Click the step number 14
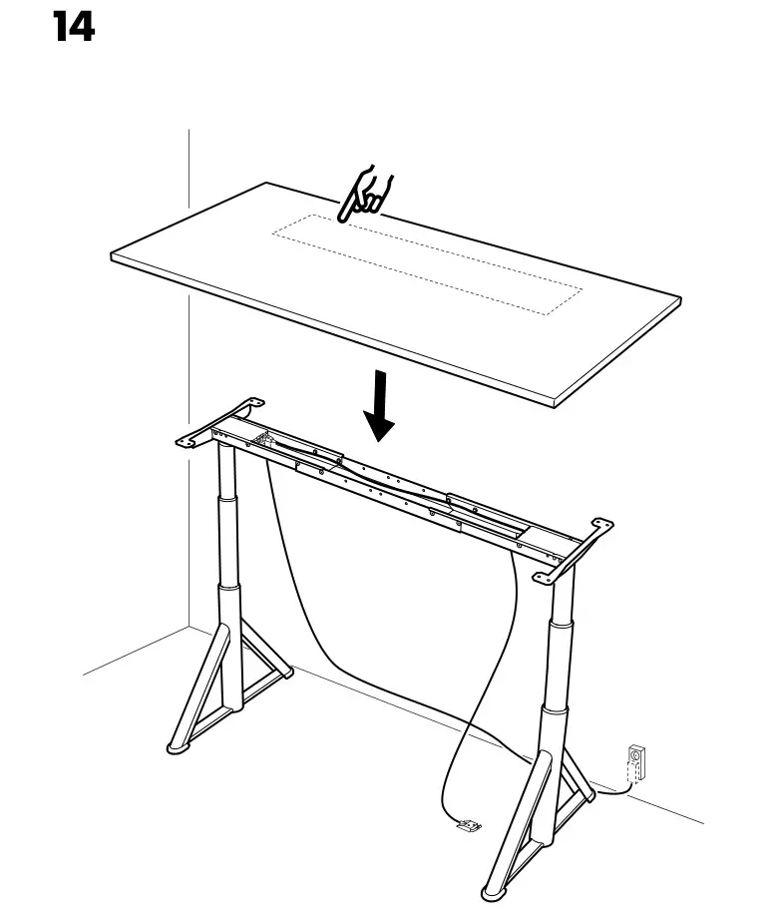pyautogui.click(x=73, y=27)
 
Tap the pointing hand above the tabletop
pyautogui.click(x=366, y=197)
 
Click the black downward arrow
pyautogui.click(x=379, y=406)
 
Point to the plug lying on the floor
pyautogui.click(x=468, y=824)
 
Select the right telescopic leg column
pyautogui.click(x=556, y=649)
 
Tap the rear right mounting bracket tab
pyautogui.click(x=600, y=525)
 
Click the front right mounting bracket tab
pyautogui.click(x=547, y=575)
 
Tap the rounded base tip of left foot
pyautogui.click(x=178, y=745)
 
